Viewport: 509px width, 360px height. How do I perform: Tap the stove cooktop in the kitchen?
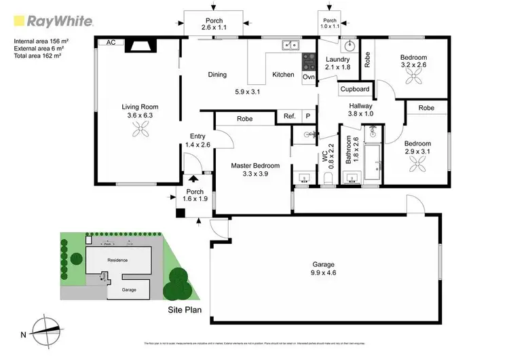[309, 62]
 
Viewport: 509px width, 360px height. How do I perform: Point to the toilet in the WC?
[328, 178]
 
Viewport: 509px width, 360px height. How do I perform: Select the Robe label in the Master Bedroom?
[245, 119]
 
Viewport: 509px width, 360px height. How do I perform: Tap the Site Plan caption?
[185, 308]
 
